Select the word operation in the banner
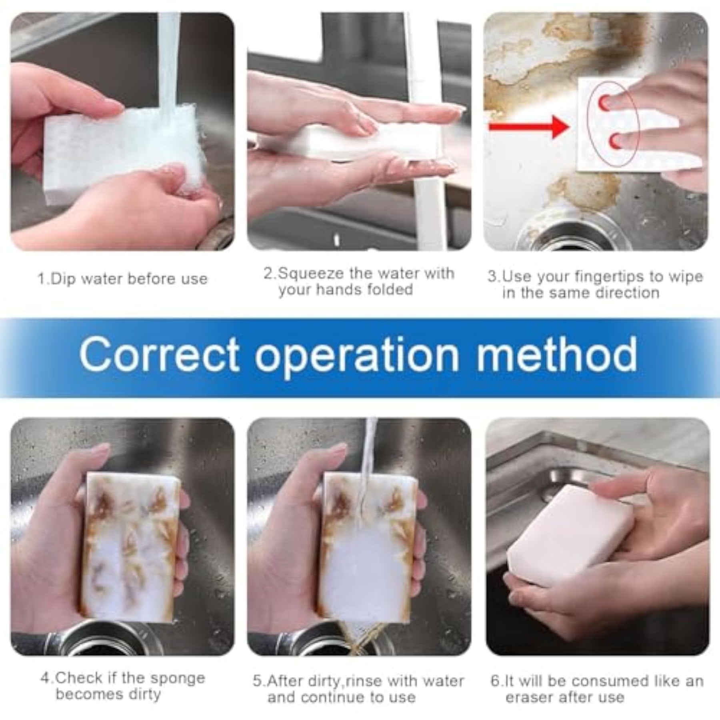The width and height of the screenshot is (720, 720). coord(357,355)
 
